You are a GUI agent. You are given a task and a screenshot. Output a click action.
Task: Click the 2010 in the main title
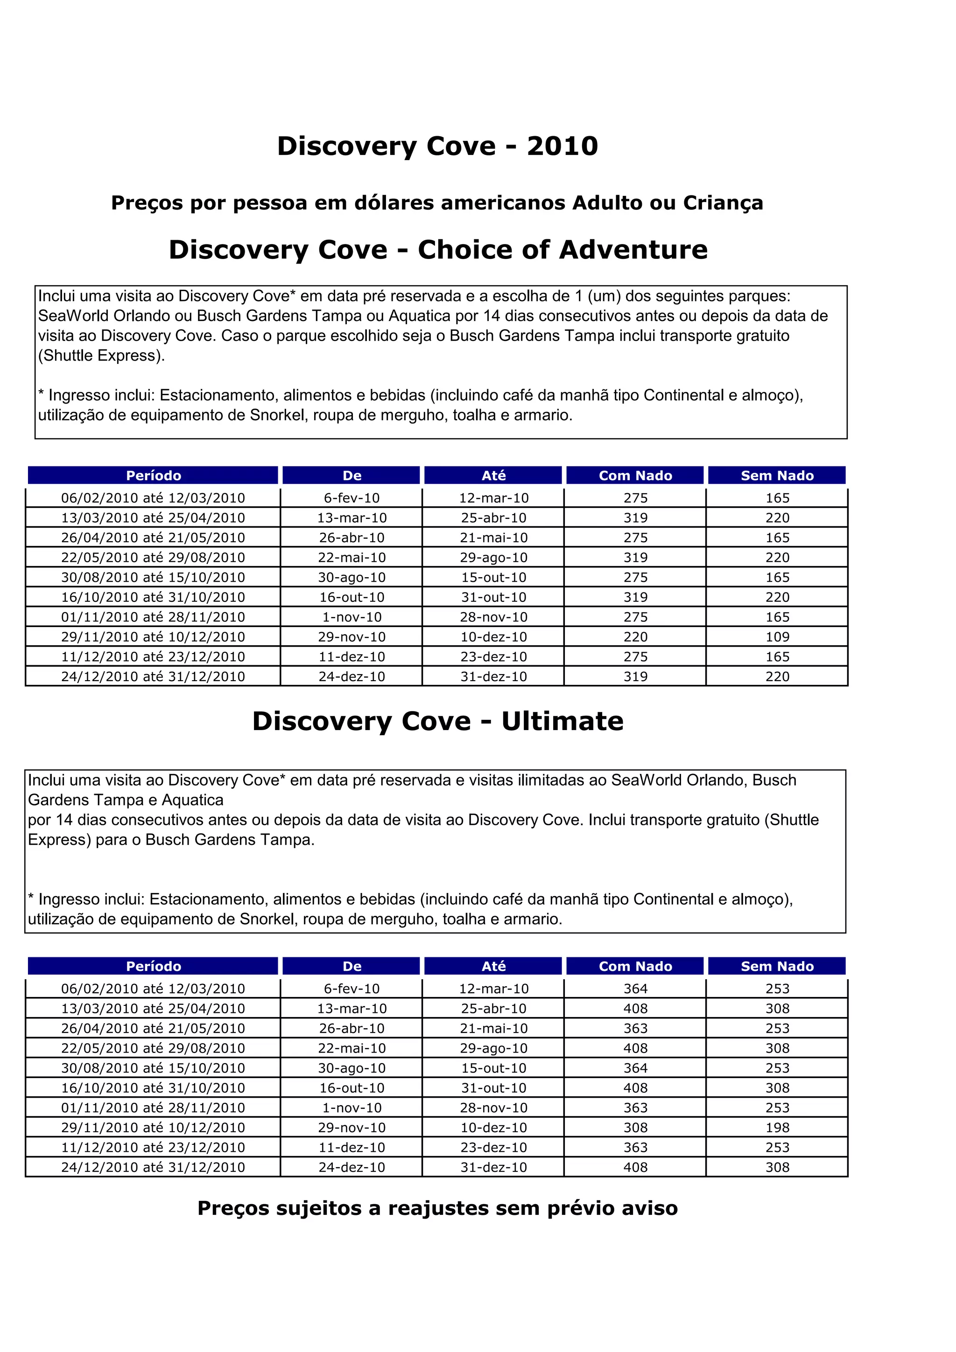[562, 146]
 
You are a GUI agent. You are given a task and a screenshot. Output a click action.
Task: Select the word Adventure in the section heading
[633, 250]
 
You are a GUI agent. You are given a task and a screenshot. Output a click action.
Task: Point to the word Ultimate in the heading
[562, 721]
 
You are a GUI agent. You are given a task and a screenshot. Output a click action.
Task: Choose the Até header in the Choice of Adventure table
[493, 476]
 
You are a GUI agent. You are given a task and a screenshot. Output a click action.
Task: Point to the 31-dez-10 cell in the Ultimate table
[493, 1167]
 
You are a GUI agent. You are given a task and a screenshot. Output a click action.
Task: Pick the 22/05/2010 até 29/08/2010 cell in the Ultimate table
[153, 1048]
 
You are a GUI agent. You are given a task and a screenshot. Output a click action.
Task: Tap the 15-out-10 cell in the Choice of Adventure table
[493, 577]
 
